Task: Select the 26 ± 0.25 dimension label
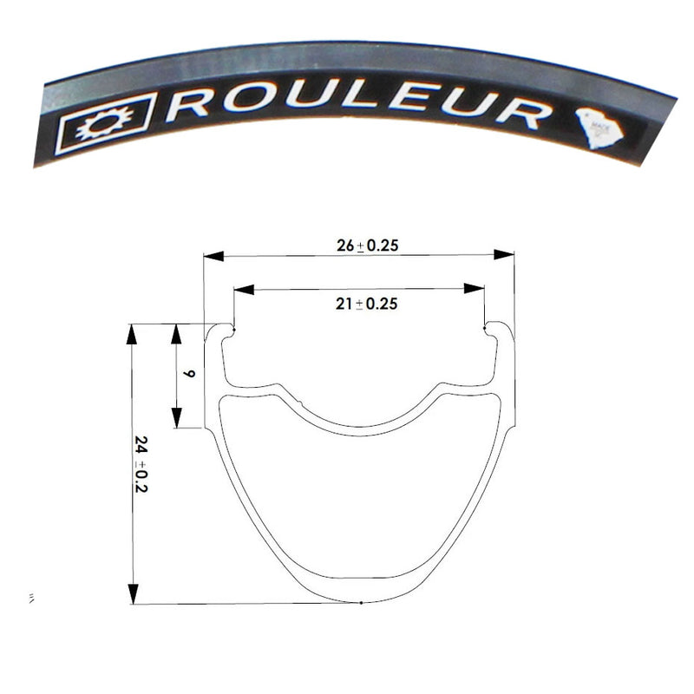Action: (367, 246)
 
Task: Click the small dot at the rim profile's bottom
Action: (360, 603)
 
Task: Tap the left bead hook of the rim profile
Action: (232, 330)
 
